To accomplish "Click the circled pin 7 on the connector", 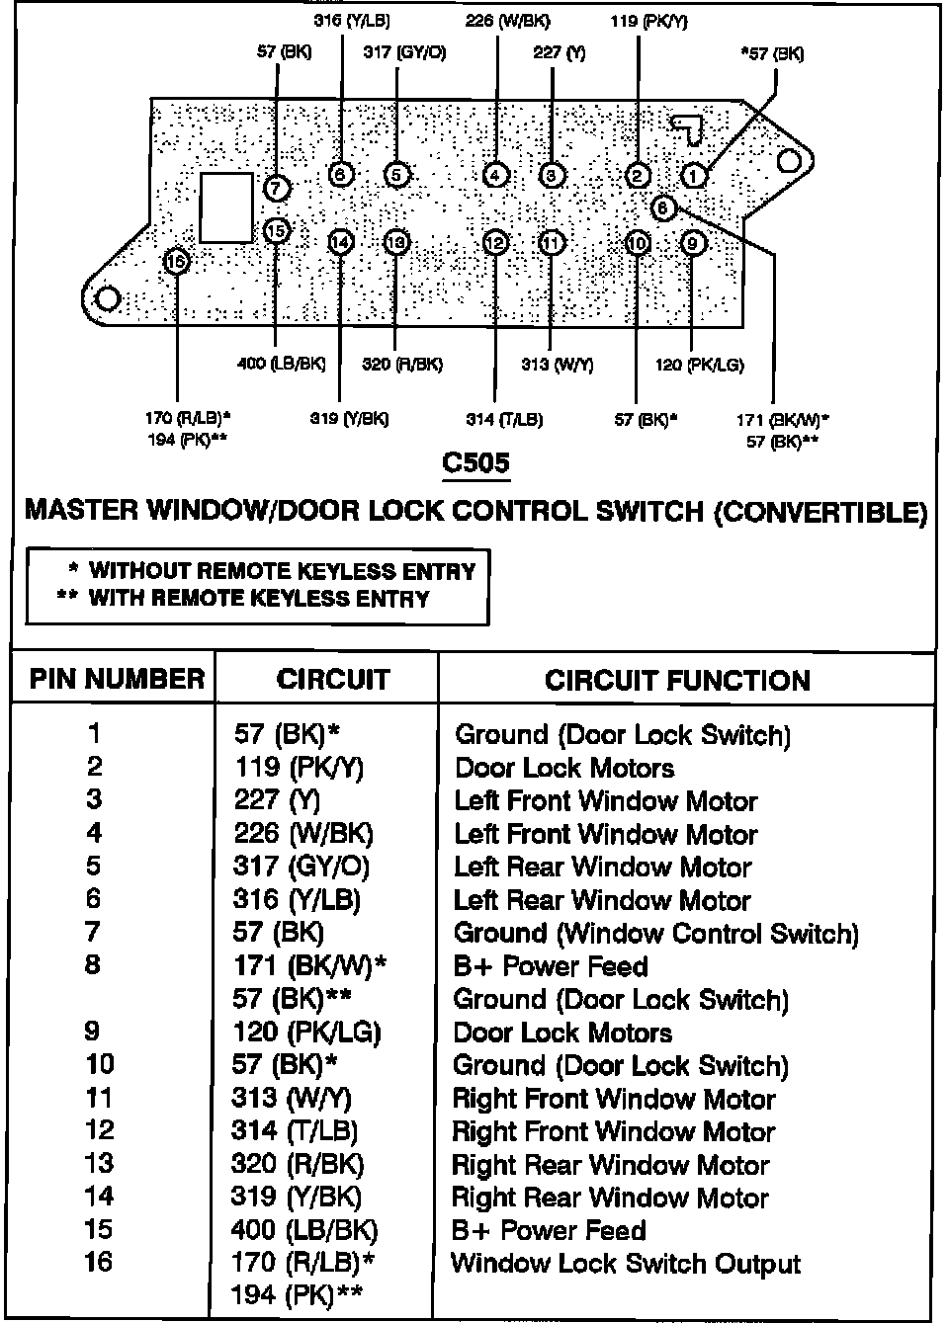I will click(278, 187).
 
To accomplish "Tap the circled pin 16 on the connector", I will click(177, 261).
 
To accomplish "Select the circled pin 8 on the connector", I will click(663, 208).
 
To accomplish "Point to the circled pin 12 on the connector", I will click(496, 243).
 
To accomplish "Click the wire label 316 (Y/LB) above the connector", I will click(351, 20).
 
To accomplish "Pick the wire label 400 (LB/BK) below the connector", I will click(282, 364).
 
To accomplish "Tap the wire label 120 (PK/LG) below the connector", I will click(699, 365).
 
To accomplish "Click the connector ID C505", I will click(475, 462).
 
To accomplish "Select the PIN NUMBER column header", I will click(117, 679).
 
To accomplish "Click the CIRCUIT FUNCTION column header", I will click(677, 680).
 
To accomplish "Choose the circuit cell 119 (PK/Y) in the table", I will click(297, 768).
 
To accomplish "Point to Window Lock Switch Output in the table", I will click(626, 1264).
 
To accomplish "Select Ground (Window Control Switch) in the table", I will click(655, 934).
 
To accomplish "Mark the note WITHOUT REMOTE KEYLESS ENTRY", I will click(282, 571).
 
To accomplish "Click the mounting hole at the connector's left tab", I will click(108, 298).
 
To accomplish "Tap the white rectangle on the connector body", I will click(226, 207).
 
